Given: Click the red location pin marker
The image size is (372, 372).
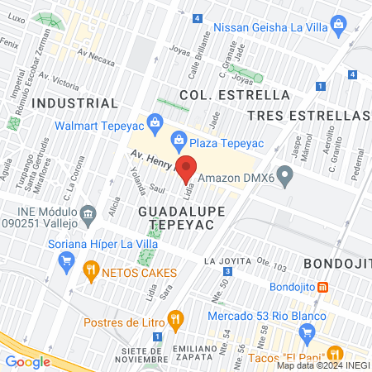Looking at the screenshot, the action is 187,168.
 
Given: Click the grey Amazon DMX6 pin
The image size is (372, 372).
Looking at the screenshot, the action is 285,175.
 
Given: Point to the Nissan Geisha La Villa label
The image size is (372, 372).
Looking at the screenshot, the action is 269,27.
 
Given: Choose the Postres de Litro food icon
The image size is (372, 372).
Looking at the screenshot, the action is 174,318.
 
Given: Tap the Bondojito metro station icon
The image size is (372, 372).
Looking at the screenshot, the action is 323,288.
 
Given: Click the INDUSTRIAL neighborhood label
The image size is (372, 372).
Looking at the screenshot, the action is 74,103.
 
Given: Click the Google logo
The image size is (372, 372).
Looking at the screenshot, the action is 28,361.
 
